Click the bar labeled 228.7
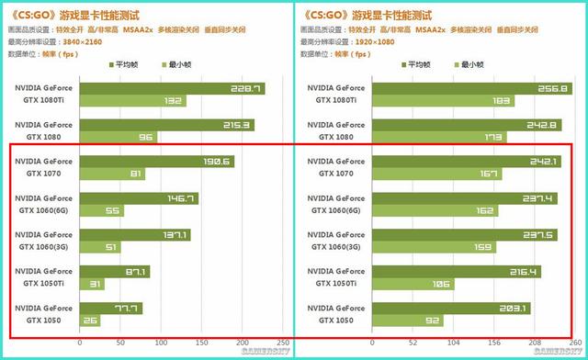pyautogui.click(x=172, y=89)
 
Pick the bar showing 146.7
pyautogui.click(x=139, y=198)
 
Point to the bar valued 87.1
pyautogui.click(x=114, y=272)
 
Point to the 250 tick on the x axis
pyautogui.click(x=281, y=342)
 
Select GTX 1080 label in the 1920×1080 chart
pyautogui.click(x=340, y=136)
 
